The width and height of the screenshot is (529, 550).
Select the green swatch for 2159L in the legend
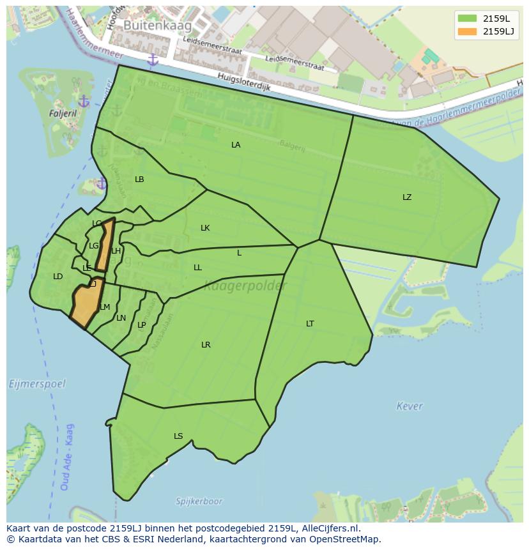tap(468, 19)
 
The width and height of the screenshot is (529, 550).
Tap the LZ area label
tap(407, 197)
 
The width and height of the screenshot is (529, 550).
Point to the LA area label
tap(236, 145)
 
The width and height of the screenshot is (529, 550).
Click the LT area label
tap(310, 324)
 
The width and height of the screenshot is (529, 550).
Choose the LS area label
tap(178, 436)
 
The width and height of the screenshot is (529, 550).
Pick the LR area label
tap(206, 345)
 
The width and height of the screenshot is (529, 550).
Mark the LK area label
tap(205, 228)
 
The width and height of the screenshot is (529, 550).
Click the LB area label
tap(139, 180)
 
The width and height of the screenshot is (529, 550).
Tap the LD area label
tap(58, 277)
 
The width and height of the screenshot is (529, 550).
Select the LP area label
tap(142, 325)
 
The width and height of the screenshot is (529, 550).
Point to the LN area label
tap(121, 318)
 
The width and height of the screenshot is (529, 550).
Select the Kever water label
tap(410, 406)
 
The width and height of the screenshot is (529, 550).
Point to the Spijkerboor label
tap(199, 501)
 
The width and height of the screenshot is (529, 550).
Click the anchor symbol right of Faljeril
tap(84, 102)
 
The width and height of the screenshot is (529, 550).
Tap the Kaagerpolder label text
tap(245, 286)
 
